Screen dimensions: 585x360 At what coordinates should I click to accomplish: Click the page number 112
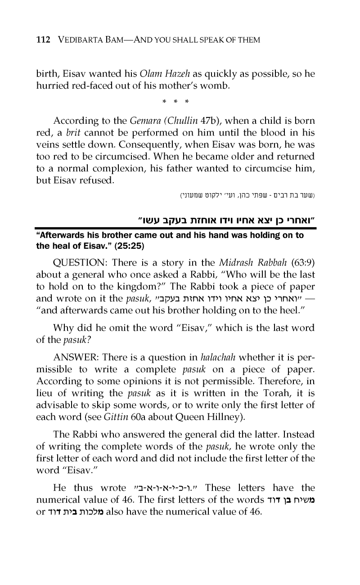tap(43, 40)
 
